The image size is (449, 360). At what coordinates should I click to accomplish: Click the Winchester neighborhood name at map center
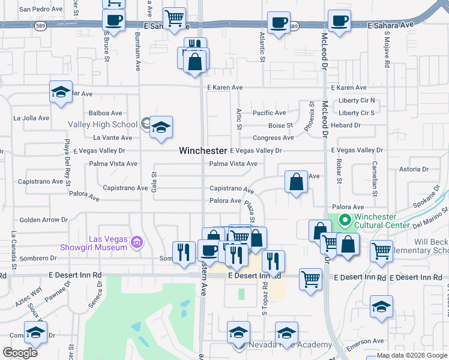(x=203, y=151)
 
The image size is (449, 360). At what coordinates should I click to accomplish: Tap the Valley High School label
(x=102, y=125)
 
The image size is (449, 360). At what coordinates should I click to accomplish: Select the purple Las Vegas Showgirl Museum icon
(x=137, y=242)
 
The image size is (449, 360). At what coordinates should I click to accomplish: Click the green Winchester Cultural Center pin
(x=345, y=220)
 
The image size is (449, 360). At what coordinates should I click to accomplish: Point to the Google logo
(x=20, y=352)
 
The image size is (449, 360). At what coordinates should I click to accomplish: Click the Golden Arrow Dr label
(x=44, y=220)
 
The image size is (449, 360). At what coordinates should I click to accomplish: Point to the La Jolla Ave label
(x=31, y=118)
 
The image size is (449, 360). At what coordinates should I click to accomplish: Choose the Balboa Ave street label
(x=105, y=113)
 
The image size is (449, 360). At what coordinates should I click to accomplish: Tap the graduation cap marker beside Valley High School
(x=161, y=127)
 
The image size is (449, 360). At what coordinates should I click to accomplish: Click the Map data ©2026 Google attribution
(x=412, y=355)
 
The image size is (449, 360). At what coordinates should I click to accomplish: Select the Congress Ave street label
(x=273, y=138)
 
